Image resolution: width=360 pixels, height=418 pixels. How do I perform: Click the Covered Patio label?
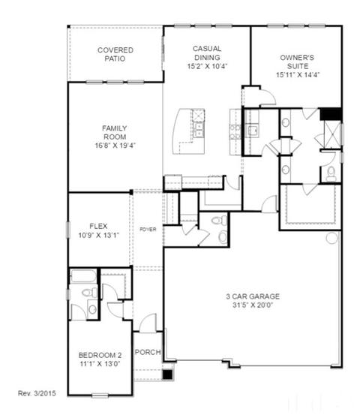coord(115,54)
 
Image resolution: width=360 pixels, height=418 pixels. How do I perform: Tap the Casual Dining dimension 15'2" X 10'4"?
coord(207,66)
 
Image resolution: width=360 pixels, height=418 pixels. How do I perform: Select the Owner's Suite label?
coord(297,62)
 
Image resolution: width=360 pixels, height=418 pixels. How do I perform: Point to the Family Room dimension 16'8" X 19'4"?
coord(115,146)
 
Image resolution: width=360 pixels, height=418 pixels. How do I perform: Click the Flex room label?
coord(98,226)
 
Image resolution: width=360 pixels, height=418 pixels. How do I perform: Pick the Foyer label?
coord(148,229)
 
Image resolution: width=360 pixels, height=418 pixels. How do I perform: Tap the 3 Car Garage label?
coord(253,296)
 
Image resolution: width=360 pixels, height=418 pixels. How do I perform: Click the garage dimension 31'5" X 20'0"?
coord(253,305)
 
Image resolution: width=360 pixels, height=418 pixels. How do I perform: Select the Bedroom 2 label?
coord(100,355)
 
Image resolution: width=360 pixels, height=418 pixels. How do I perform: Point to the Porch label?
coord(148,352)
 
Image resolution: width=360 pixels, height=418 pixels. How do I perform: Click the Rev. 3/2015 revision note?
coord(37,393)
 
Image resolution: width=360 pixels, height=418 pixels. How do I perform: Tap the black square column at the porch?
coord(167,374)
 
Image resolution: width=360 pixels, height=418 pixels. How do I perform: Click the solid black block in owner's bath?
coord(331,114)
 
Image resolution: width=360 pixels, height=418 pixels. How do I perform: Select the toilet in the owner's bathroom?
coord(331,173)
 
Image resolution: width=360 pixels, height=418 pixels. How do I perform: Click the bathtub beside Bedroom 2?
coord(83,276)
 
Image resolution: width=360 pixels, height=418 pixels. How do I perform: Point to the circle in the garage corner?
coord(332,238)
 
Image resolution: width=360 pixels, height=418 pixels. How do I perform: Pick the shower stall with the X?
coord(332,134)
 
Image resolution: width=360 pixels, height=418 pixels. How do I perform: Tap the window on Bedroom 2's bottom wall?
coord(100,395)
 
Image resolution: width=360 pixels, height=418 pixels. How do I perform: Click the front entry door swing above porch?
coord(148,323)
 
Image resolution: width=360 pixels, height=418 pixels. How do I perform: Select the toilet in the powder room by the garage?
coord(219,220)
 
